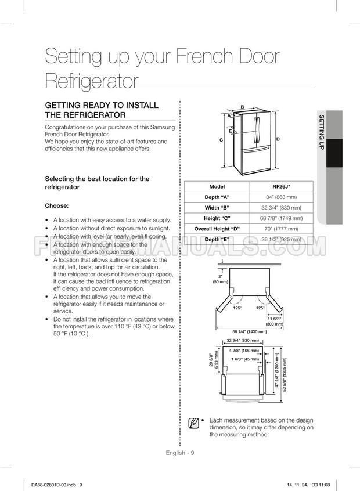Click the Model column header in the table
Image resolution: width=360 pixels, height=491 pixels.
click(x=217, y=187)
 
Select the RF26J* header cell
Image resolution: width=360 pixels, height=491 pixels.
click(x=281, y=187)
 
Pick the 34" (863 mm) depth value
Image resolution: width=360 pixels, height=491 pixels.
click(x=281, y=197)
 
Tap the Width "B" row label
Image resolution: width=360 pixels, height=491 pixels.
click(x=217, y=208)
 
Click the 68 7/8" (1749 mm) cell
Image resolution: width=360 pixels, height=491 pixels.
click(x=281, y=218)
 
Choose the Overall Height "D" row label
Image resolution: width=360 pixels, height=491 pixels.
click(x=217, y=229)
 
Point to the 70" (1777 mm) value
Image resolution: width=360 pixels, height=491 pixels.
click(x=281, y=229)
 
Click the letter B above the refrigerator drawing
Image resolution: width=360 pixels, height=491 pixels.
click(x=242, y=107)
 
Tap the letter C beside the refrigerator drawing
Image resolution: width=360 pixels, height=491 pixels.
click(x=221, y=140)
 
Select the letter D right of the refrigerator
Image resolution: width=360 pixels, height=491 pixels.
click(x=278, y=139)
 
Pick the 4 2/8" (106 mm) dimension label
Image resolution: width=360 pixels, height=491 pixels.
click(x=244, y=351)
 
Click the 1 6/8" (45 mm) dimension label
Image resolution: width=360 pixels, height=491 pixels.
click(x=244, y=359)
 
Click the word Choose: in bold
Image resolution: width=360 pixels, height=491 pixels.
click(x=57, y=206)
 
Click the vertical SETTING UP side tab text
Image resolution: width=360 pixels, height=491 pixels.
click(x=321, y=133)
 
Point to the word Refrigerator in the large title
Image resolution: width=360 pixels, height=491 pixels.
click(x=92, y=82)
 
